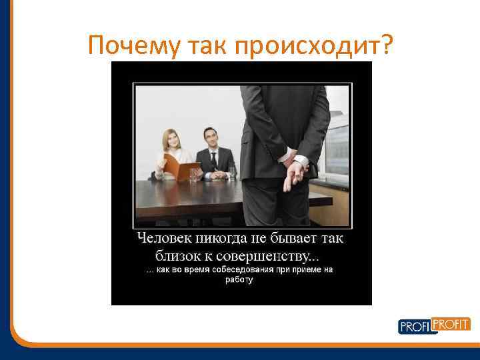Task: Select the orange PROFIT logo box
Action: pos(452,324)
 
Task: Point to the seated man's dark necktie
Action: pos(214,161)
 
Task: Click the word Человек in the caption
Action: pos(167,237)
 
